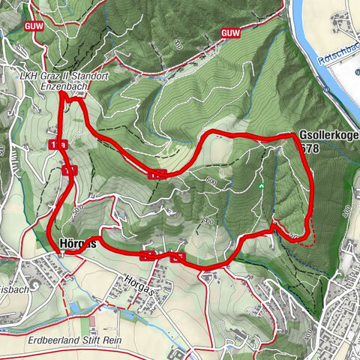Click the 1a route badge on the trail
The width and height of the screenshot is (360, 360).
click(57, 144)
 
